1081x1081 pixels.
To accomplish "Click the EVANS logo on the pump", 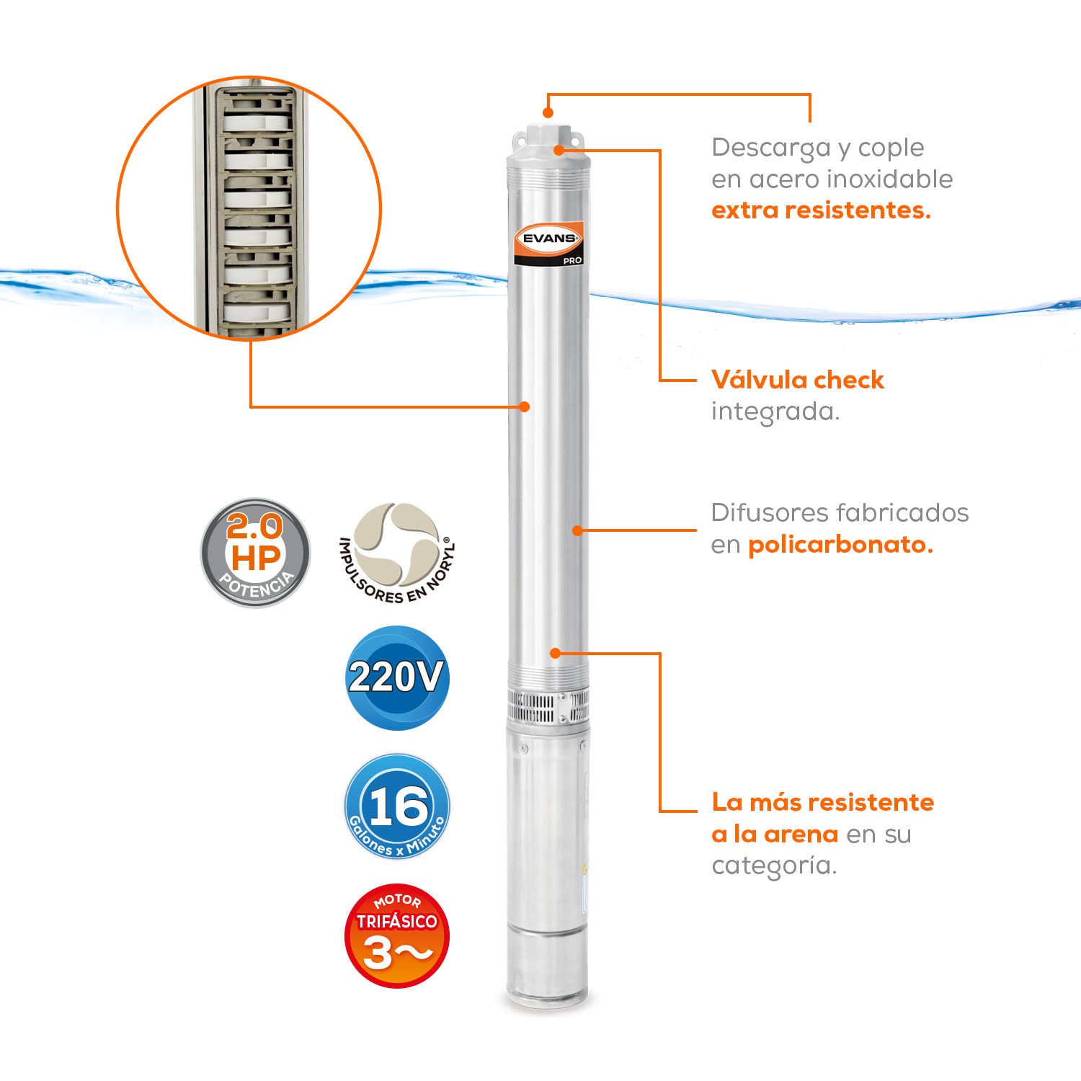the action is pyautogui.click(x=548, y=239).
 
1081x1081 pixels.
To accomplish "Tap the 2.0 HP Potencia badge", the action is pyautogui.click(x=255, y=553).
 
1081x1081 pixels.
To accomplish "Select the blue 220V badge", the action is pyautogui.click(x=397, y=677).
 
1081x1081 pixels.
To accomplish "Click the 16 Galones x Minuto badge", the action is pyautogui.click(x=397, y=806).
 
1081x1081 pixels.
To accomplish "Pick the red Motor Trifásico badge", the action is pyautogui.click(x=397, y=935).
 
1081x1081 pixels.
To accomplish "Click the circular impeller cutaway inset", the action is pyautogui.click(x=249, y=208).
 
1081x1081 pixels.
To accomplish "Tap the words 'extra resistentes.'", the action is pyautogui.click(x=821, y=210).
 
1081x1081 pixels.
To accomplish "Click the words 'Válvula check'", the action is pyautogui.click(x=797, y=380).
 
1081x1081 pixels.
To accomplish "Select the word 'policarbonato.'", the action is pyautogui.click(x=840, y=545).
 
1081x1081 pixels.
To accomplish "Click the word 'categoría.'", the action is pyautogui.click(x=774, y=866).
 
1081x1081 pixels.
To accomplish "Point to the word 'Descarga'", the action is pyautogui.click(x=771, y=148).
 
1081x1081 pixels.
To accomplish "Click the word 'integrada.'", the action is pyautogui.click(x=775, y=412).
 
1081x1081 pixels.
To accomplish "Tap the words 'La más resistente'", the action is pyautogui.click(x=823, y=802).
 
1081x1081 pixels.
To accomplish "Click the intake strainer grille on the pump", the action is pyautogui.click(x=548, y=706).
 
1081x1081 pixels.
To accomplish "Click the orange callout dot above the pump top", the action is pyautogui.click(x=548, y=113).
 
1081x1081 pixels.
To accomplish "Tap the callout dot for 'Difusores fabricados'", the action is pyautogui.click(x=577, y=530).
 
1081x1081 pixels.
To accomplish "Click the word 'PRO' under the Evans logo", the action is pyautogui.click(x=572, y=260).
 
